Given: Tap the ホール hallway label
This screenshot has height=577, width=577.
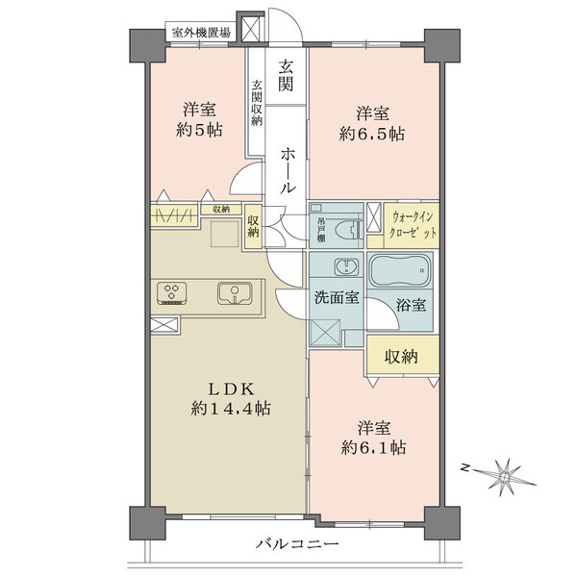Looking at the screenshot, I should [288, 171].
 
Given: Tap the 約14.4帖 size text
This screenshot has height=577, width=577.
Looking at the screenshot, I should [231, 409].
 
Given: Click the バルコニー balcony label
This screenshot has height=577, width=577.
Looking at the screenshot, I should [297, 544].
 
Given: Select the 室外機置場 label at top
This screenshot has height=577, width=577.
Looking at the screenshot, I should [201, 32].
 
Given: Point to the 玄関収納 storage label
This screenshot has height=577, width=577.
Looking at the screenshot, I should [257, 103].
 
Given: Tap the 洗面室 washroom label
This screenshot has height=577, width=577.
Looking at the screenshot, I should [336, 297].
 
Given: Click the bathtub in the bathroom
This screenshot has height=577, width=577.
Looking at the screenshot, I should [401, 273].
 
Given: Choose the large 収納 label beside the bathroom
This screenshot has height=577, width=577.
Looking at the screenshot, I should [403, 357].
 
